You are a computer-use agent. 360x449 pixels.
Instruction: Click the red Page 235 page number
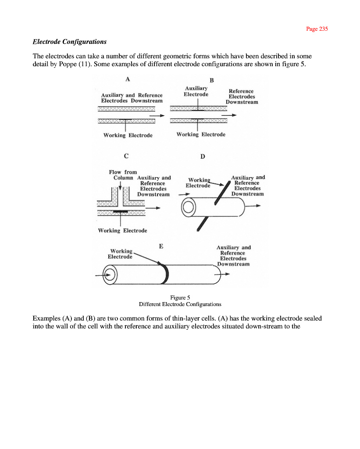click(x=317, y=29)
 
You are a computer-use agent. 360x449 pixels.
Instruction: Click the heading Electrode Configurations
click(x=70, y=42)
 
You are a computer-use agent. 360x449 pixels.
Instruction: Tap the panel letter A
click(x=128, y=79)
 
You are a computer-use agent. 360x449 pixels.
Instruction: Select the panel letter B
click(x=211, y=80)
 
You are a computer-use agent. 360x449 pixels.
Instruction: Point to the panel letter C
click(x=126, y=156)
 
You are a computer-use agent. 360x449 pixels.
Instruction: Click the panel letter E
click(x=161, y=246)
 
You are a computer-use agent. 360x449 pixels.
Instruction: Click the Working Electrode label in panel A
click(x=128, y=135)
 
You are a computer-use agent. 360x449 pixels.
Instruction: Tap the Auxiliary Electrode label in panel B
click(x=196, y=91)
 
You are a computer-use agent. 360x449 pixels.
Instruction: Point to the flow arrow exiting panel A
click(x=156, y=116)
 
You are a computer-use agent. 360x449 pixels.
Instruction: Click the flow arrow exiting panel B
click(x=229, y=115)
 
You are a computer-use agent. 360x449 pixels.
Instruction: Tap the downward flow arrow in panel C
click(x=120, y=189)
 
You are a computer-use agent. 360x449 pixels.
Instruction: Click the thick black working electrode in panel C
click(x=120, y=211)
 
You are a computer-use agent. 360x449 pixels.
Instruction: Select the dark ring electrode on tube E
click(x=165, y=274)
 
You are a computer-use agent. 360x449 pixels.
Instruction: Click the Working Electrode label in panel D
click(x=198, y=182)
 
